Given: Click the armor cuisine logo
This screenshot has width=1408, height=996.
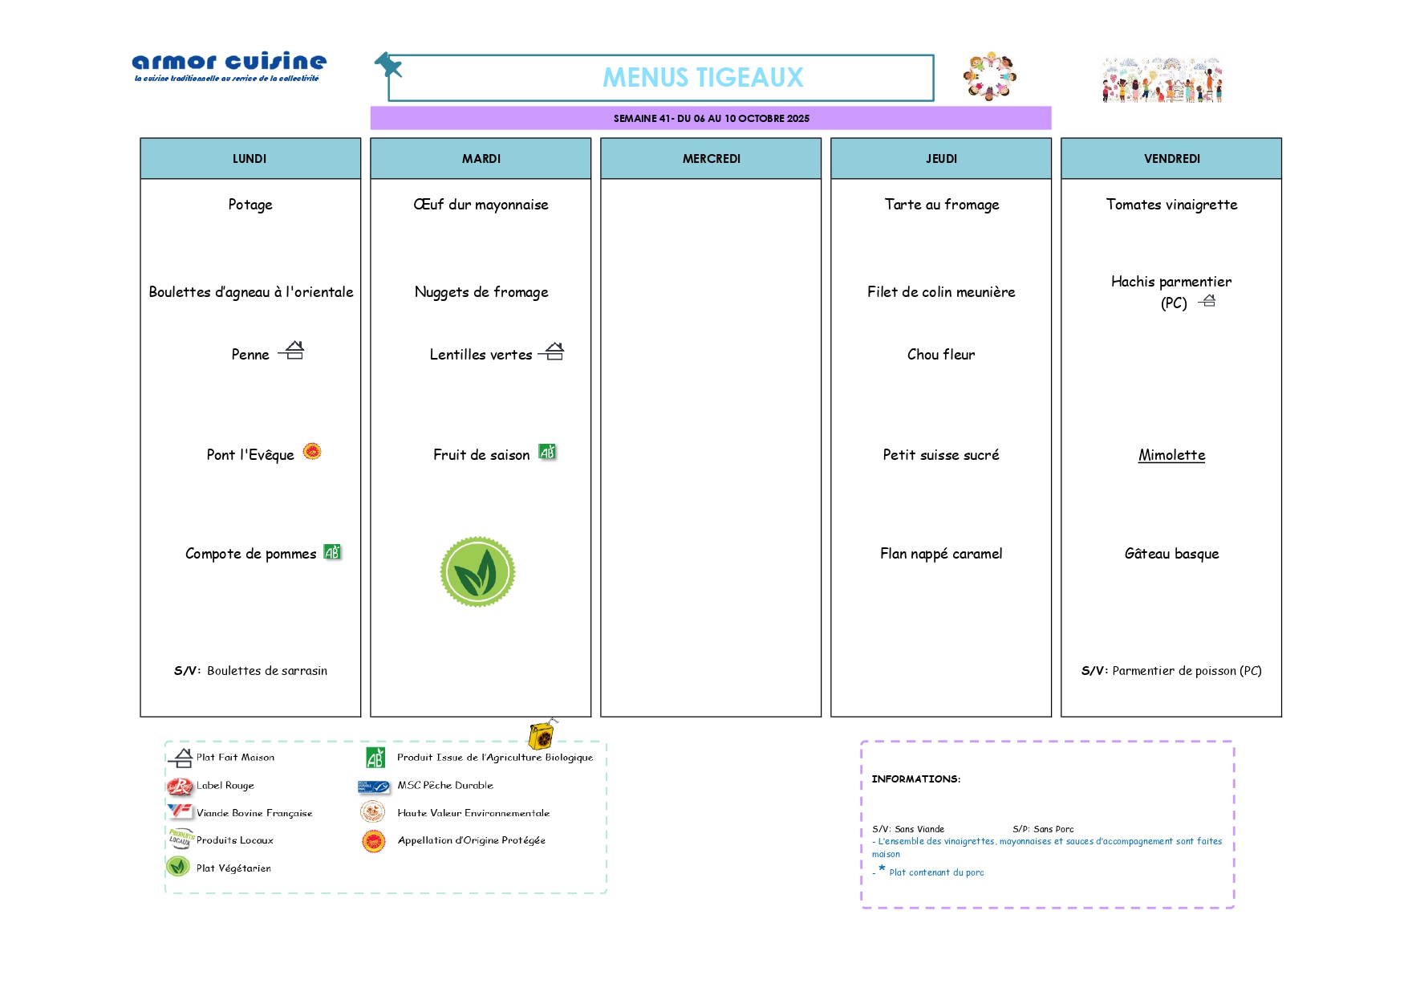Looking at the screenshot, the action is click(x=229, y=67).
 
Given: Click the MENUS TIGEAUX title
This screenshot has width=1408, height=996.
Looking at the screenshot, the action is click(x=703, y=77).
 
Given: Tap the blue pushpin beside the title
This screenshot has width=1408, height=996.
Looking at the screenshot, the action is click(x=388, y=65).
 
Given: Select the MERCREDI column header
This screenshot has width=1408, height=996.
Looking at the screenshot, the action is click(x=712, y=159).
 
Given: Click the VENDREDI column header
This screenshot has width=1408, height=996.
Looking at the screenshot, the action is click(x=1171, y=159).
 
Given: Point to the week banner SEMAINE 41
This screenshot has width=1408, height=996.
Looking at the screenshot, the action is click(x=711, y=118).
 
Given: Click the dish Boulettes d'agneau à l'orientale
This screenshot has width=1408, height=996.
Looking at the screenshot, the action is click(x=251, y=292).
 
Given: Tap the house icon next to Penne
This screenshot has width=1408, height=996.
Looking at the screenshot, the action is click(x=292, y=350).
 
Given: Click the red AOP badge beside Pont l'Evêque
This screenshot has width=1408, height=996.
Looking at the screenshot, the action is click(x=312, y=451).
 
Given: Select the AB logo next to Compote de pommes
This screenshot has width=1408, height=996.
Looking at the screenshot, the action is click(x=332, y=551).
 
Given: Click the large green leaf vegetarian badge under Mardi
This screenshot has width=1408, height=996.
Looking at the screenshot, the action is click(x=477, y=572).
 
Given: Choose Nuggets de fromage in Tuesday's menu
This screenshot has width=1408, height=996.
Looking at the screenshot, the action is click(x=481, y=292).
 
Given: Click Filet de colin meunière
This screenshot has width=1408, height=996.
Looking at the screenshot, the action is click(x=941, y=292).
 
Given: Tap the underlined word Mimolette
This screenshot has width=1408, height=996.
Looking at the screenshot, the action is click(x=1171, y=455).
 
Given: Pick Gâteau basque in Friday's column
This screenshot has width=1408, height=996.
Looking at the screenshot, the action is click(x=1171, y=554).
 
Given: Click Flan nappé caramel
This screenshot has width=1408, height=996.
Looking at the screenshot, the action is click(x=941, y=554).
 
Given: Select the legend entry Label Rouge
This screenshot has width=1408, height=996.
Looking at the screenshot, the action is click(x=225, y=786).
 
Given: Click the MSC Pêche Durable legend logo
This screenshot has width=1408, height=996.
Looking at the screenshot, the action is click(x=374, y=787).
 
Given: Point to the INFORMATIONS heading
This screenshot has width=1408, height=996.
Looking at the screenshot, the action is click(x=916, y=779).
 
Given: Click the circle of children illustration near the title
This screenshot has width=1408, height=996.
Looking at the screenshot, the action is click(x=990, y=77).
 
